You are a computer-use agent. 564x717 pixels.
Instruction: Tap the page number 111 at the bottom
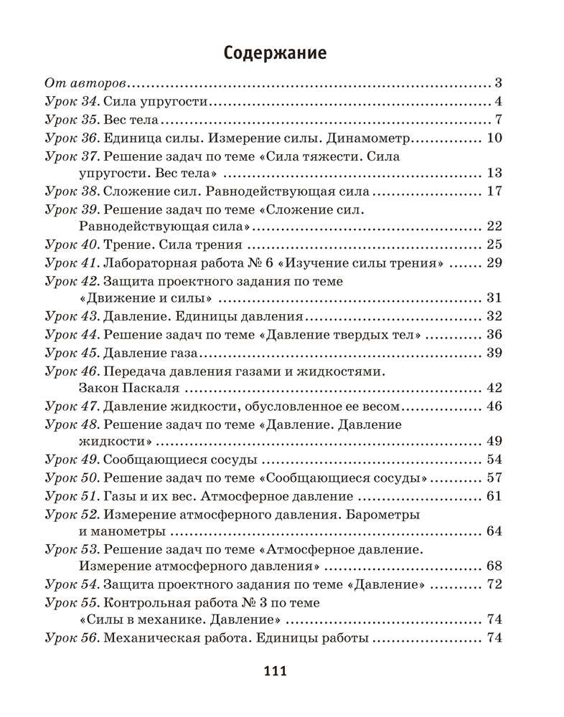point(276,671)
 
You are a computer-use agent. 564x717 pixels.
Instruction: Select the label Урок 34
point(71,101)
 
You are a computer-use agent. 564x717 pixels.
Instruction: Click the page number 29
point(493,263)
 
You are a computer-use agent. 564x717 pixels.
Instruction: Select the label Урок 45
point(71,353)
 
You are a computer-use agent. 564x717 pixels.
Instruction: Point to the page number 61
point(493,496)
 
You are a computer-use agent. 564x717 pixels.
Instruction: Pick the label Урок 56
point(71,638)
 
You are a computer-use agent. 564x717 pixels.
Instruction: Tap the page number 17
point(493,191)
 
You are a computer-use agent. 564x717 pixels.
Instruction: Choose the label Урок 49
point(71,460)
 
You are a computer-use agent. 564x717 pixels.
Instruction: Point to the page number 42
point(493,389)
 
